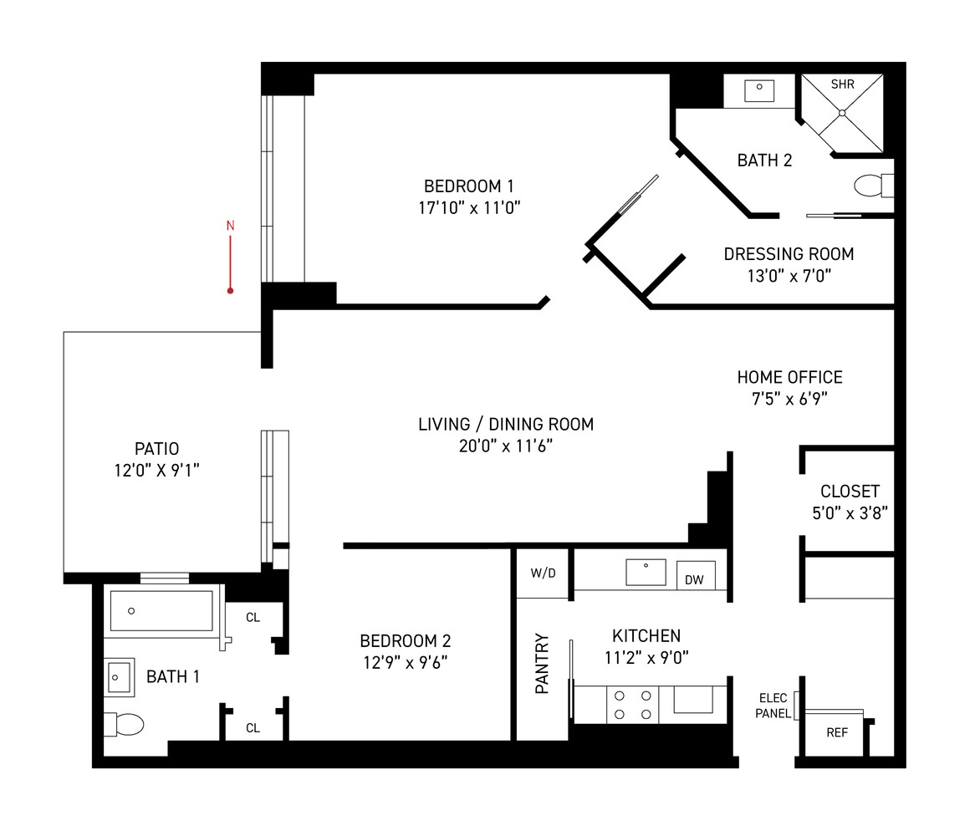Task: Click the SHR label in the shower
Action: (843, 84)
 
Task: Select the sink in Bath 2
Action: (759, 91)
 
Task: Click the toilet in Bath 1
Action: (124, 724)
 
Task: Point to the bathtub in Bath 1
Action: (161, 611)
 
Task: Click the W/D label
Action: (543, 573)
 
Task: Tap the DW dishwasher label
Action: (694, 580)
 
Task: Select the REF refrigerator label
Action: (837, 733)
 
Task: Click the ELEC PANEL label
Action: (773, 706)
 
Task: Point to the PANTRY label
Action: (542, 663)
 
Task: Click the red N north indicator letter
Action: (230, 226)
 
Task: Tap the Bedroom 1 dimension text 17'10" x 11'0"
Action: (469, 207)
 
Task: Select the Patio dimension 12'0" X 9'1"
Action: (156, 471)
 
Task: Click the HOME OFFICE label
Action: (789, 377)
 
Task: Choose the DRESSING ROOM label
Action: (789, 253)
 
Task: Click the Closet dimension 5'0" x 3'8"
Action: (850, 512)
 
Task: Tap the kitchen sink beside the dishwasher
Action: (646, 573)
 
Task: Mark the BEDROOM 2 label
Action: (406, 641)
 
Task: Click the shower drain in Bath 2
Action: (842, 113)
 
